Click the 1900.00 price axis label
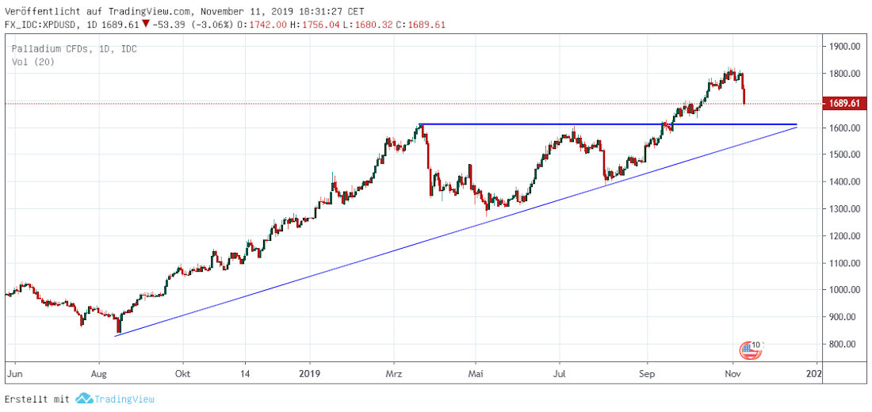pyautogui.click(x=843, y=47)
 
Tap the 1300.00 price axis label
pyautogui.click(x=843, y=209)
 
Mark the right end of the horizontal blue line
pyautogui.click(x=796, y=124)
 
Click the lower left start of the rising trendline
pyautogui.click(x=116, y=336)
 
